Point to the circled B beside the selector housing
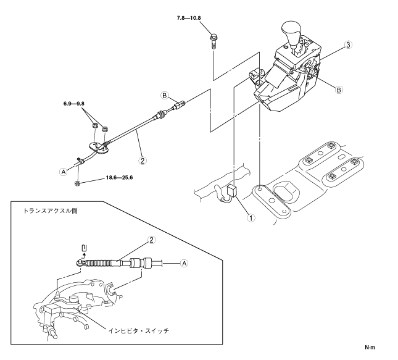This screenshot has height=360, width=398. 338,90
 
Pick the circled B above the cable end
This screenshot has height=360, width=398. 164,96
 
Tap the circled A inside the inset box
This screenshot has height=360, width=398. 183,262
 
